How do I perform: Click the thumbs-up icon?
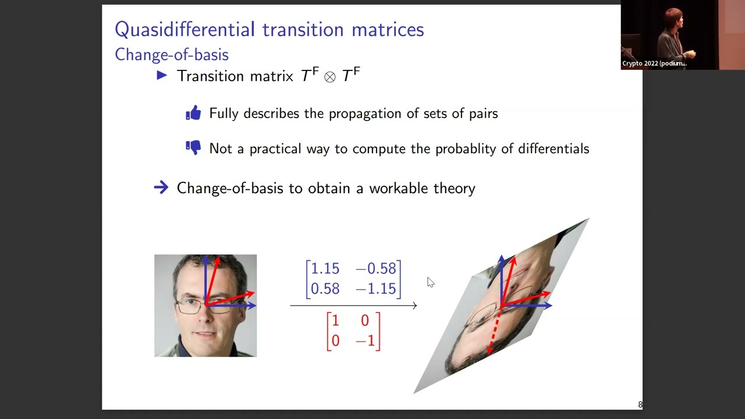[193, 113]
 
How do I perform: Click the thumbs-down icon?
[193, 148]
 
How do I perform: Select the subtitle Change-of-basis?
[172, 55]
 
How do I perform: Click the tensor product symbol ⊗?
[330, 77]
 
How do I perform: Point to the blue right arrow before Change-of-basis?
[161, 187]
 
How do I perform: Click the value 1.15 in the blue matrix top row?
[324, 269]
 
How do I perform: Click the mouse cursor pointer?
[430, 282]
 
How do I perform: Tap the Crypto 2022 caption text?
[654, 63]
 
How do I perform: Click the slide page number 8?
[640, 404]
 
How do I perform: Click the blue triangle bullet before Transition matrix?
[162, 75]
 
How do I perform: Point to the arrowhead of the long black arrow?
[414, 305]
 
